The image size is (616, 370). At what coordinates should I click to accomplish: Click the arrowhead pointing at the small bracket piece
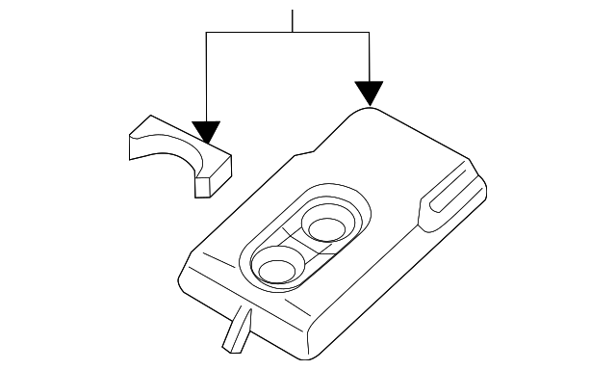pyautogui.click(x=206, y=132)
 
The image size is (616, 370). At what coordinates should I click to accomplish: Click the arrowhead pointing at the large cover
pyautogui.click(x=370, y=92)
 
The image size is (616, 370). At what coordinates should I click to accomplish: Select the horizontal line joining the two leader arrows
pyautogui.click(x=288, y=33)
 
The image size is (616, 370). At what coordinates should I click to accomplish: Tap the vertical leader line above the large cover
pyautogui.click(x=370, y=58)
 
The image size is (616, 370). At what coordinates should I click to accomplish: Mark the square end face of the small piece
pyautogui.click(x=213, y=178)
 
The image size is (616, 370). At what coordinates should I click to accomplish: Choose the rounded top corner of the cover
pyautogui.click(x=367, y=113)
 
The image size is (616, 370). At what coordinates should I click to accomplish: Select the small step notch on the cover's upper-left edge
pyautogui.click(x=308, y=151)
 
